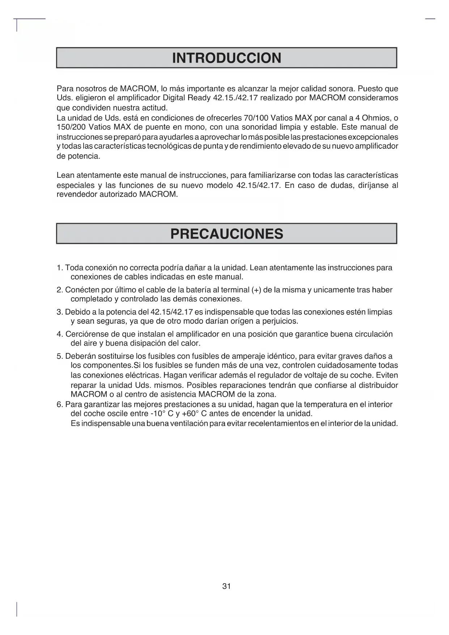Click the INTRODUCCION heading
(x=226, y=58)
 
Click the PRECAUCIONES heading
(x=226, y=234)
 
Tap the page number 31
(x=226, y=586)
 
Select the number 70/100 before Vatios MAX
(x=256, y=118)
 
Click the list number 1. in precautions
(x=60, y=268)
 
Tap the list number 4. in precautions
(x=60, y=334)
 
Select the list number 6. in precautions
(x=60, y=404)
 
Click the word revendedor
(x=77, y=194)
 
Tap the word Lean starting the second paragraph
(x=65, y=176)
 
